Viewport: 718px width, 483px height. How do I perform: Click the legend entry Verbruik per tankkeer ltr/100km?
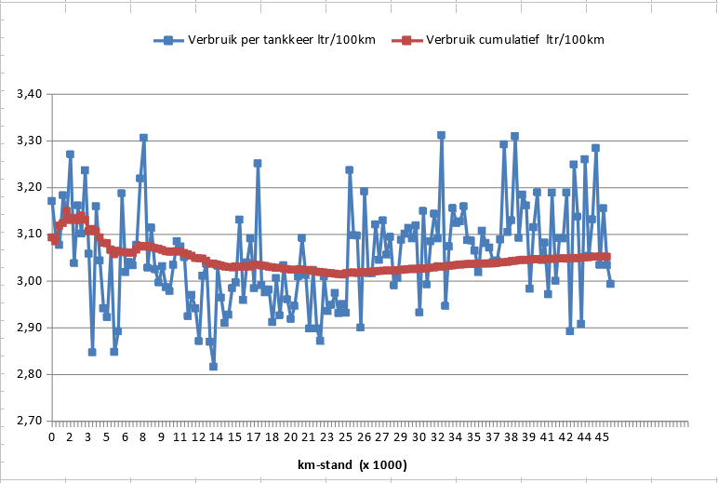(x=271, y=40)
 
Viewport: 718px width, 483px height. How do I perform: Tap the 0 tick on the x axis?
(x=52, y=436)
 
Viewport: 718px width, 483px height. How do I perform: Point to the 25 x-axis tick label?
(x=346, y=436)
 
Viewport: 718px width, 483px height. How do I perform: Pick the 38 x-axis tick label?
(x=511, y=436)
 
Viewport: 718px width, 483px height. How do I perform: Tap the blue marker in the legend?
(x=168, y=40)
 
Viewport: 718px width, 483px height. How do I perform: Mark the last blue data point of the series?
(x=610, y=284)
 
